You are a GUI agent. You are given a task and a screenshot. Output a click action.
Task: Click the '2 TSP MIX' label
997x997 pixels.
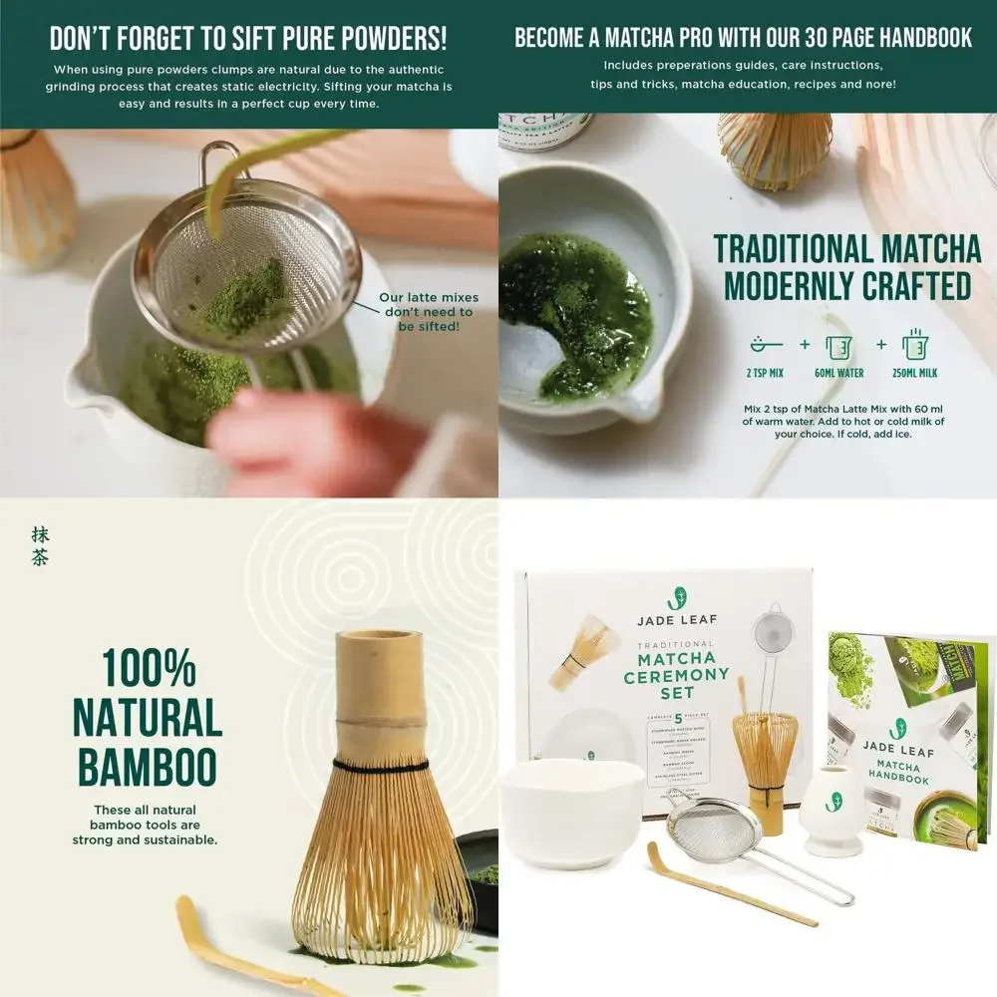point(766,373)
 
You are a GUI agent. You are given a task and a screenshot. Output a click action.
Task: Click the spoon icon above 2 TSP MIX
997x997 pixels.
point(766,345)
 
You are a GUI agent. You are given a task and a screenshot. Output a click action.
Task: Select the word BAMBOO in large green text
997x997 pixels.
point(147,768)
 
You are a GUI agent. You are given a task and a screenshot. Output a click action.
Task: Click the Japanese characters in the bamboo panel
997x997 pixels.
point(40,546)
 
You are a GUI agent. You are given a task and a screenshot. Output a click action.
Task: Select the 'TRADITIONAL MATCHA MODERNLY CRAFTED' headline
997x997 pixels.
point(846,267)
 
